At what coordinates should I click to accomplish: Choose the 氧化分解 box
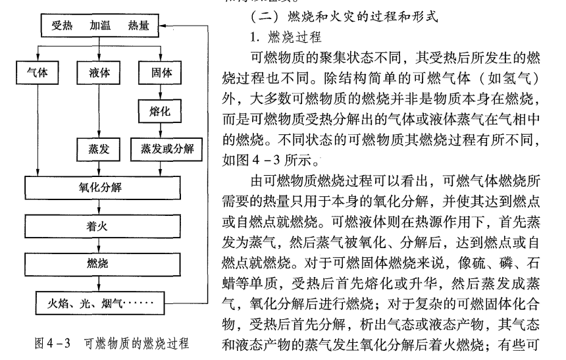point(98,188)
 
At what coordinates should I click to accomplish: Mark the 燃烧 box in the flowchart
point(98,265)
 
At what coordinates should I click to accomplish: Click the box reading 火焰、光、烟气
point(98,304)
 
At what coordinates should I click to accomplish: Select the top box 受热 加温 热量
point(98,27)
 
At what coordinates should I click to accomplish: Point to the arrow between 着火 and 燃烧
point(98,245)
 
